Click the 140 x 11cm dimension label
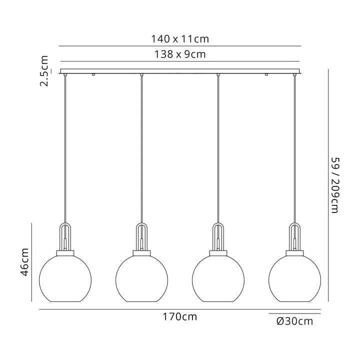tap(180, 39)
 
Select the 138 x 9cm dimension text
tap(180, 54)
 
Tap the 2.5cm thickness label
tap(44, 70)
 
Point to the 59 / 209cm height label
tap(335, 185)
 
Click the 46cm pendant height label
tap(24, 262)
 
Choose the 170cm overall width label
tap(180, 317)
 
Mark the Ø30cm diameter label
tap(295, 321)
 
